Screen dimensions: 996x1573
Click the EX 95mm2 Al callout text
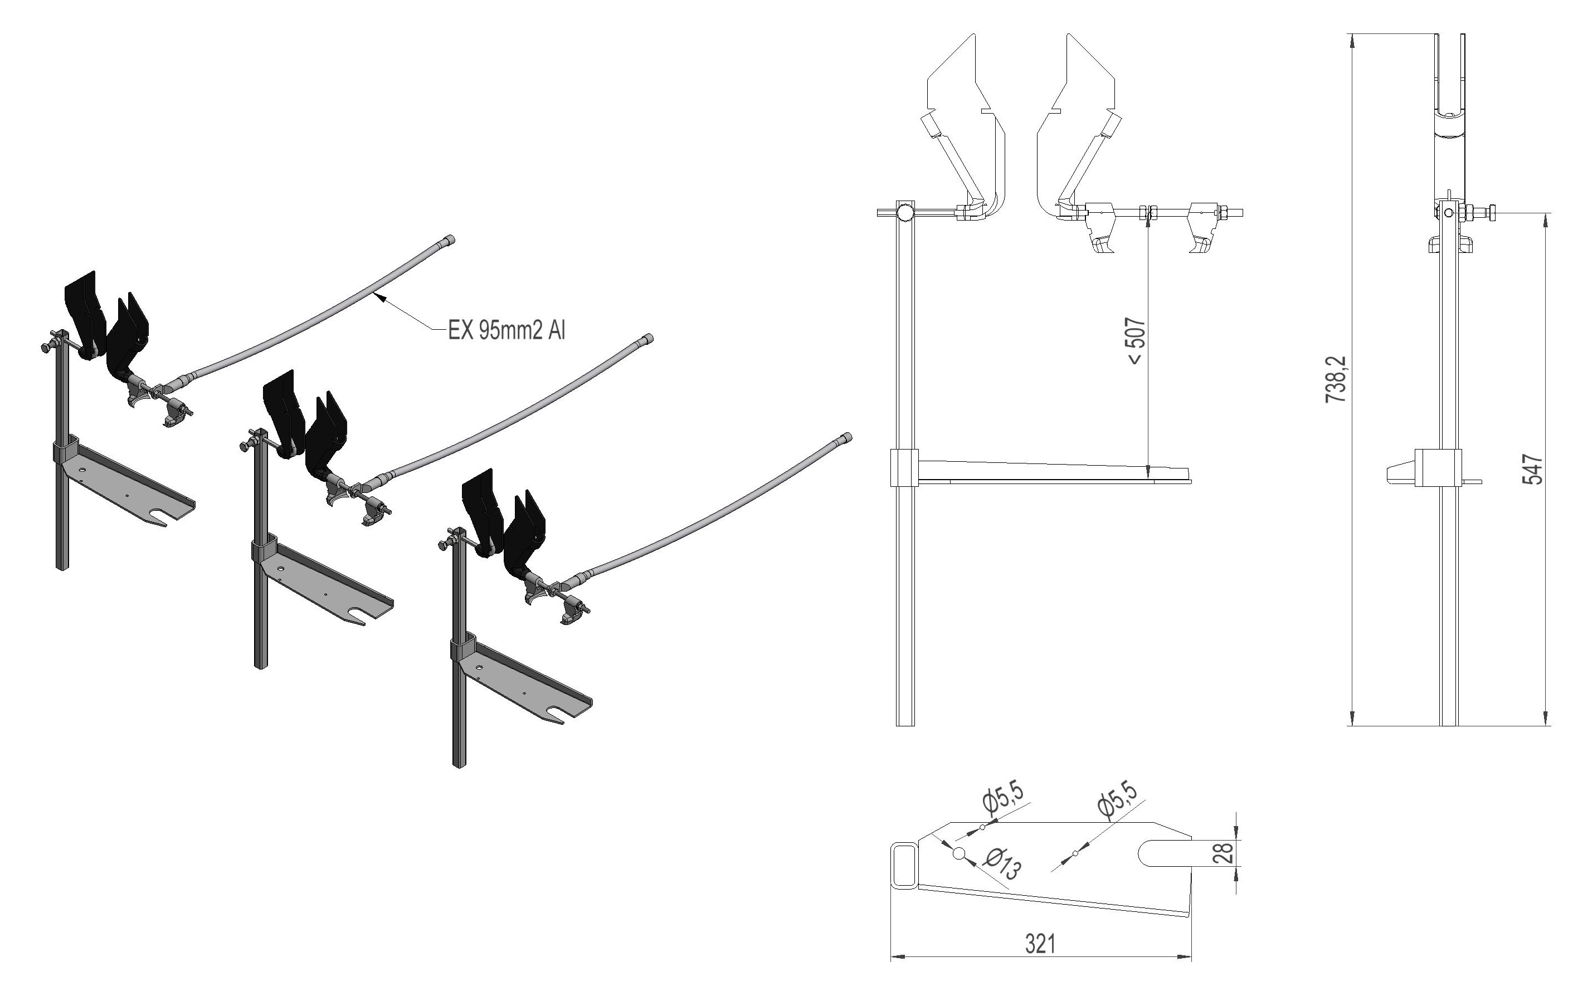[507, 331]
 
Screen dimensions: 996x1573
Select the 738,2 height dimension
[1336, 379]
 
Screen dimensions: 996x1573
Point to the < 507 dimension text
[1137, 341]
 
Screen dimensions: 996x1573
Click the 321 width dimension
[1039, 943]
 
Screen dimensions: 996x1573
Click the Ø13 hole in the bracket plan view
[959, 853]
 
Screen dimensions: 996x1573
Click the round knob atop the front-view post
[905, 212]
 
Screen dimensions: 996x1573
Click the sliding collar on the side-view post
[1437, 467]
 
